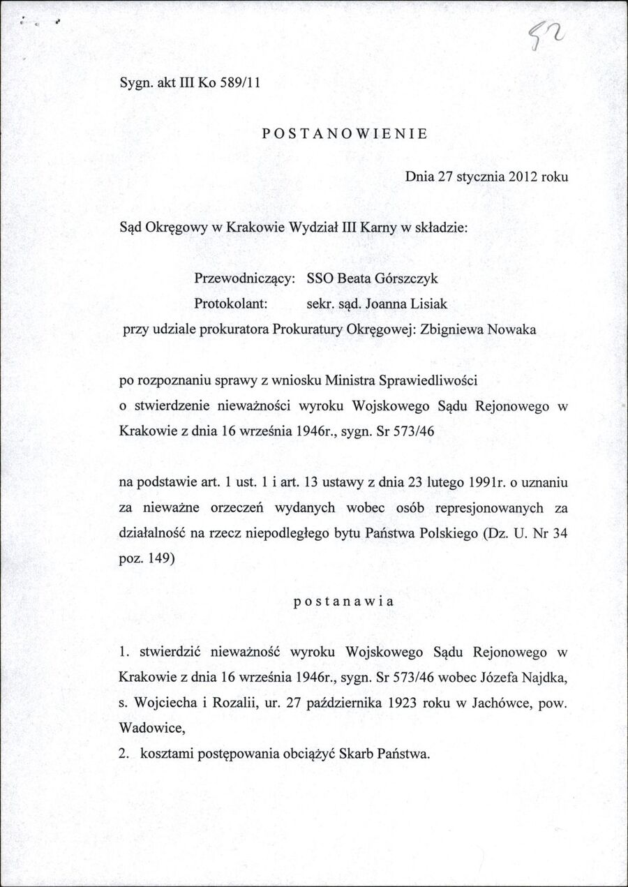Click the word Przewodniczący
coord(243,278)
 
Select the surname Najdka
coord(539,678)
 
